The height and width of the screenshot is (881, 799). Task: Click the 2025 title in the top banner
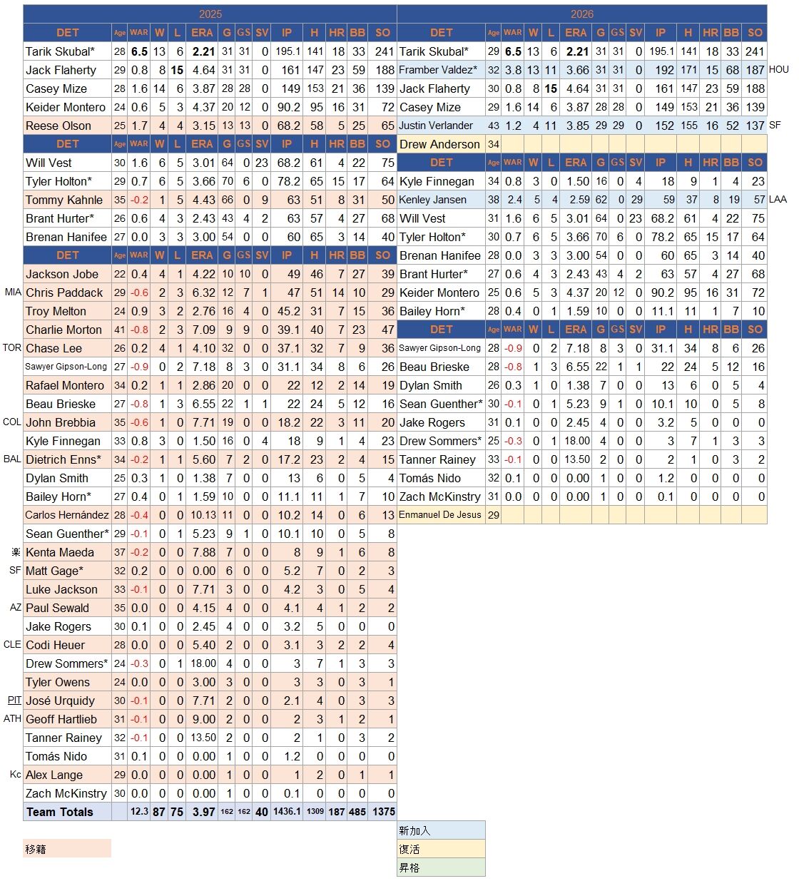(x=210, y=14)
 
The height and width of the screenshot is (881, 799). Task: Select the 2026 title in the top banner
(x=581, y=14)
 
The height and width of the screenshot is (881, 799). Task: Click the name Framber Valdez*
(x=438, y=70)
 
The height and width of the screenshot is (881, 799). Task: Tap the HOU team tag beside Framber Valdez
(x=778, y=69)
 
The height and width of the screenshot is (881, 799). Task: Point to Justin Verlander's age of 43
(x=493, y=126)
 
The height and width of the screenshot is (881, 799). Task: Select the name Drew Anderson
(x=439, y=144)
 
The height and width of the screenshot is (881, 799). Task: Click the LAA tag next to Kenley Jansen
(x=778, y=200)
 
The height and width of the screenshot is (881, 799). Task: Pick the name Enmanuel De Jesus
(x=439, y=515)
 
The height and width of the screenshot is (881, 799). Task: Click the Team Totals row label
(x=60, y=812)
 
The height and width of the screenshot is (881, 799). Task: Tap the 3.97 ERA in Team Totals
(x=204, y=812)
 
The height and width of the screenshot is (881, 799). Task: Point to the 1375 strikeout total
(x=384, y=812)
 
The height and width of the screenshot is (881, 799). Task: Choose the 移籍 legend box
(x=67, y=849)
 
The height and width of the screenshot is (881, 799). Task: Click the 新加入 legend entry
(x=441, y=830)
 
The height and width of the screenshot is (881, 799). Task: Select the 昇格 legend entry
(x=441, y=867)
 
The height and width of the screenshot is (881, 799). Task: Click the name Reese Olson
(x=58, y=126)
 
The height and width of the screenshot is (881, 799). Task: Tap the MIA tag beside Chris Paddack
(x=13, y=292)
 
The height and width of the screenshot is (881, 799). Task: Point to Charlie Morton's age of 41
(x=119, y=330)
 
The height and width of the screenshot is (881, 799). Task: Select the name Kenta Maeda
(x=60, y=552)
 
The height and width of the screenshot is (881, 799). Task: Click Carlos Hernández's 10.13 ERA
(x=203, y=515)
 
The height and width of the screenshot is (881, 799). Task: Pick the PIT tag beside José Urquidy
(x=14, y=700)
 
